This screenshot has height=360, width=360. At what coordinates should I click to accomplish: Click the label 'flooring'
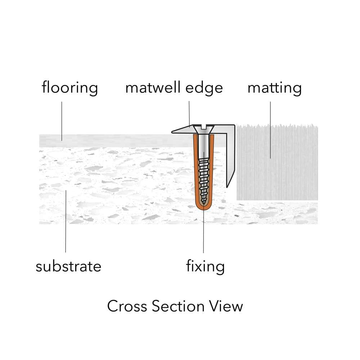pyautogui.click(x=70, y=88)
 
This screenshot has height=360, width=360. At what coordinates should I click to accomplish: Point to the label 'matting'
pyautogui.click(x=274, y=88)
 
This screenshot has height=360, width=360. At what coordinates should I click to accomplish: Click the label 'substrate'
pyautogui.click(x=68, y=266)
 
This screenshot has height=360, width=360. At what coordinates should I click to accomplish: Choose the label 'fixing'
pyautogui.click(x=205, y=267)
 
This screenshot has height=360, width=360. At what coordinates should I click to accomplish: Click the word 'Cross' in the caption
pyautogui.click(x=127, y=306)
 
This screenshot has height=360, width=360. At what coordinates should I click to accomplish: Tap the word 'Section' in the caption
pyautogui.click(x=178, y=306)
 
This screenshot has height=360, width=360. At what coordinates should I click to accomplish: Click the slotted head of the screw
pyautogui.click(x=204, y=129)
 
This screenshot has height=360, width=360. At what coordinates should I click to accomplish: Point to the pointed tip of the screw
pyautogui.click(x=203, y=203)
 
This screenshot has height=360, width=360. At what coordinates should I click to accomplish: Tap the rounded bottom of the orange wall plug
pyautogui.click(x=203, y=207)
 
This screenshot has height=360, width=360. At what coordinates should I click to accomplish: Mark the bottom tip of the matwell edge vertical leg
pyautogui.click(x=227, y=188)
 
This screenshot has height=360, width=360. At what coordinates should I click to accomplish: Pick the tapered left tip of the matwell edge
pyautogui.click(x=172, y=132)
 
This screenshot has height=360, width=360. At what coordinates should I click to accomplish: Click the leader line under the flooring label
pyautogui.click(x=62, y=121)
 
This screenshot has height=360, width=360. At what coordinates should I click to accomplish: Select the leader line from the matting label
pyautogui.click(x=270, y=130)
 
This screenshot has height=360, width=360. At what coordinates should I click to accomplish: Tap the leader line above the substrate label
pyautogui.click(x=66, y=221)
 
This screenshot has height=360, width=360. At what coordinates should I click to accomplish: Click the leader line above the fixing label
pyautogui.click(x=203, y=202)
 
